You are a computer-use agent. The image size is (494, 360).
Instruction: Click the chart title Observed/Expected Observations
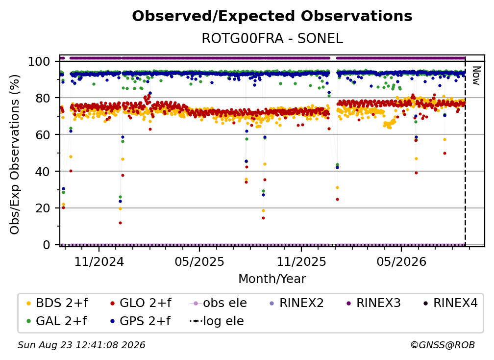272,16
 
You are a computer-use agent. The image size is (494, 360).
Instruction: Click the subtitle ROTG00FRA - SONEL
272,39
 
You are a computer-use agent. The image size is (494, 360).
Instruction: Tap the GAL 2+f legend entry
57,321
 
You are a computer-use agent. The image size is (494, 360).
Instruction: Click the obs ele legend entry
219,303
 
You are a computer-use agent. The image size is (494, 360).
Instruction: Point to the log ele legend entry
217,321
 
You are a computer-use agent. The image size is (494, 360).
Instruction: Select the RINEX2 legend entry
297,303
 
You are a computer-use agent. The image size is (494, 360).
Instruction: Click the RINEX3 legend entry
374,303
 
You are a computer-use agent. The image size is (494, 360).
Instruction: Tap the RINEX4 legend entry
451,303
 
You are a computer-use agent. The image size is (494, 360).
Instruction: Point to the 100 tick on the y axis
39,61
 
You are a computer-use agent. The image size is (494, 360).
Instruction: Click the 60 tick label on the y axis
43,135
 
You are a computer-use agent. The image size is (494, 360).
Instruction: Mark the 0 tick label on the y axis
47,245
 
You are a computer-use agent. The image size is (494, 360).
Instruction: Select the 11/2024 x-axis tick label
99,261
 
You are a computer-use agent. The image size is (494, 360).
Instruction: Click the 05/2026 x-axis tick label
401,261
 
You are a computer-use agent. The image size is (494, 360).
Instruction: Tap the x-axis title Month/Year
272,279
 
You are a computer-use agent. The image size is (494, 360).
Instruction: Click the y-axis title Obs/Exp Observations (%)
15,154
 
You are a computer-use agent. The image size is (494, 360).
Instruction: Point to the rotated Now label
476,76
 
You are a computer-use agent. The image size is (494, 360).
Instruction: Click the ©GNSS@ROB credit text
443,345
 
